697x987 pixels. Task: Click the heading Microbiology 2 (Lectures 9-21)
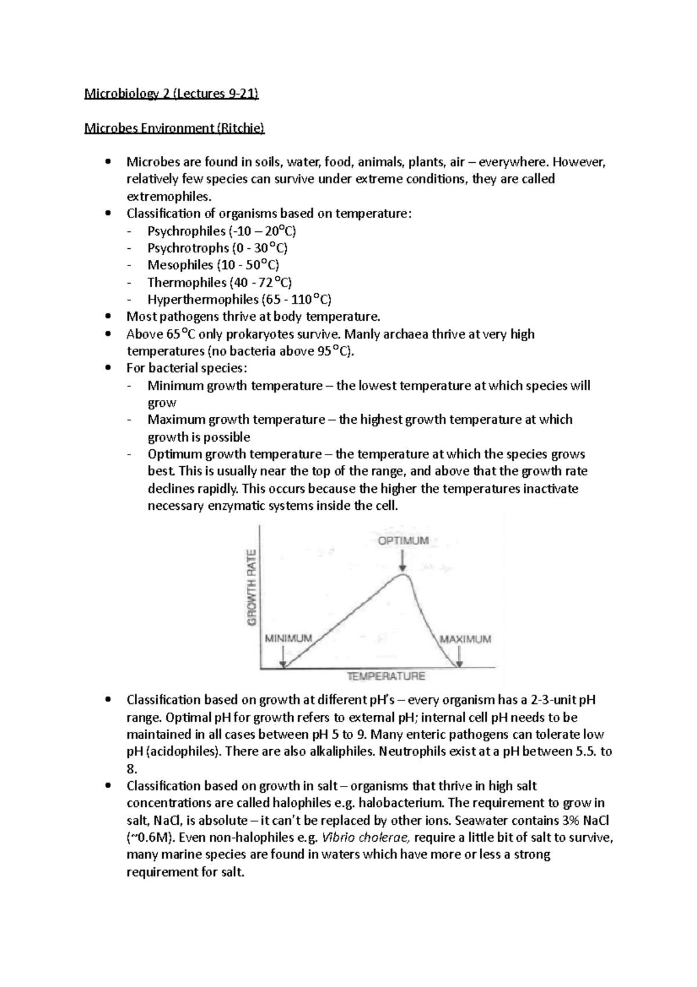point(171,94)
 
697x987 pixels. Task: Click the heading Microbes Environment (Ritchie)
point(174,128)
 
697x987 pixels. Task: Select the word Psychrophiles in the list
point(186,231)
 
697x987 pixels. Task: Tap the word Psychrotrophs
point(188,248)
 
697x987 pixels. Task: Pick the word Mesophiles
point(180,266)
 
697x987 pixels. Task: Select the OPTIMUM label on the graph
point(403,541)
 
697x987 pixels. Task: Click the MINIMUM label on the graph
point(289,638)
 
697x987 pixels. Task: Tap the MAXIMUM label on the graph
point(465,639)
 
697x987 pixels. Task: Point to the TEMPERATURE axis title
point(386,676)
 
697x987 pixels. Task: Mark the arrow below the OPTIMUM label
point(403,560)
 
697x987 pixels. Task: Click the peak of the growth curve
point(403,575)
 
